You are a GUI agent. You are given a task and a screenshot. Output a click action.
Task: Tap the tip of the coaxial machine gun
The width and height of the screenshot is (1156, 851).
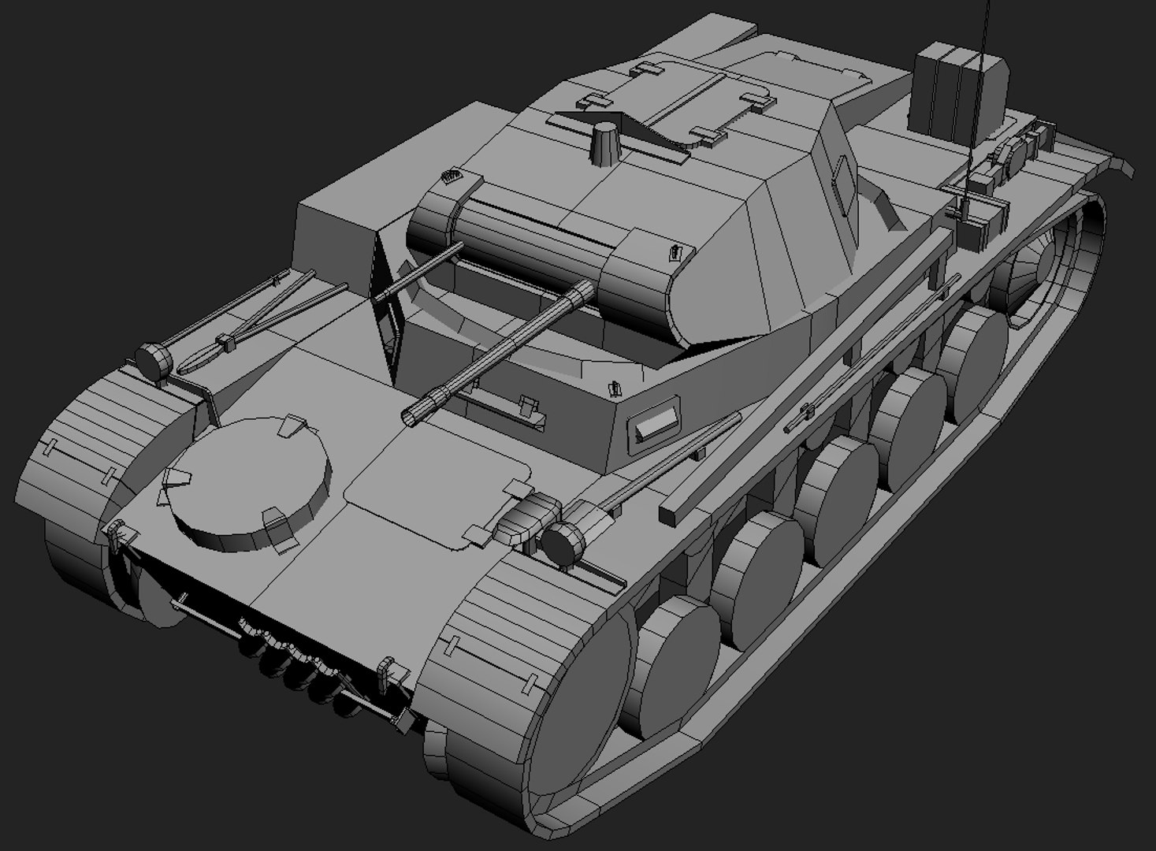pos(380,297)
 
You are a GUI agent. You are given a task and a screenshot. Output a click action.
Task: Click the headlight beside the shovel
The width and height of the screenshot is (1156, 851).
pos(154,360)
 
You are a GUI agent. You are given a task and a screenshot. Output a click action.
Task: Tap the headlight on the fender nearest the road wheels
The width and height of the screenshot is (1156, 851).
pos(563,542)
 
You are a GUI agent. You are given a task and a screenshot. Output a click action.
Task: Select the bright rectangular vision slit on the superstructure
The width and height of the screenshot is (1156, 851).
pos(657,426)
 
